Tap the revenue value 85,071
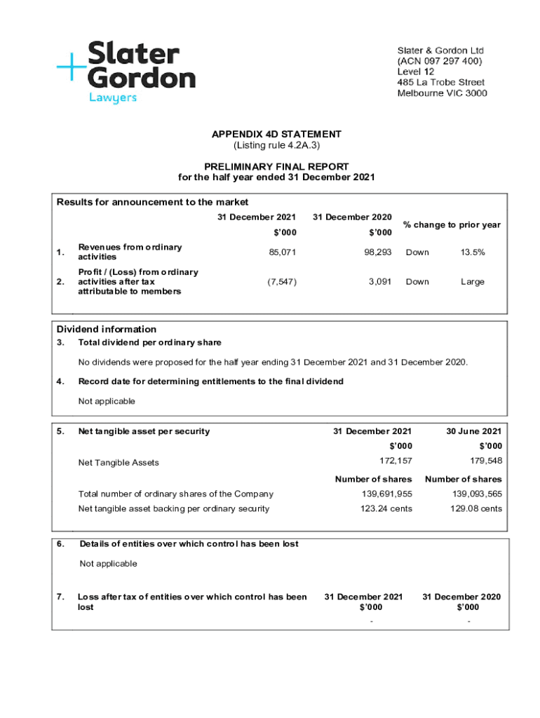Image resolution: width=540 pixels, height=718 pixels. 283,252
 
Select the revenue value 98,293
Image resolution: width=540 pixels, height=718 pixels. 377,252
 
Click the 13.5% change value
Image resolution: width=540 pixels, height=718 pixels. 472,252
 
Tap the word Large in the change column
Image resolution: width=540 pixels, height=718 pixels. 472,282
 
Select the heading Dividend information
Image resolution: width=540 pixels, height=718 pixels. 107,329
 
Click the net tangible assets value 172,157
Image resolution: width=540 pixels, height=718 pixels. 396,461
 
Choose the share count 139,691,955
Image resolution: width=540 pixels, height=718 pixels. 385,494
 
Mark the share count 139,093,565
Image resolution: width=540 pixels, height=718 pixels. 475,494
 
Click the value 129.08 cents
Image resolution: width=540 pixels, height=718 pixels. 476,508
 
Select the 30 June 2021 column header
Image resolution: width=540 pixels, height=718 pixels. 473,431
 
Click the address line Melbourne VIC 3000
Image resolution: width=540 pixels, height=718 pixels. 442,93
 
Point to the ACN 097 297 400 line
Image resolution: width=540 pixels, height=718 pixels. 440,61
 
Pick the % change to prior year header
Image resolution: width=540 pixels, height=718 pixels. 452,224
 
